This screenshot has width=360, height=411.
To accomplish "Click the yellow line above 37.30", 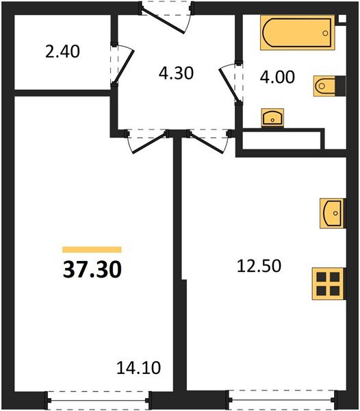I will point(92,250).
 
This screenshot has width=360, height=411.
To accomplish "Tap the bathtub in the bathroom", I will point(296,34).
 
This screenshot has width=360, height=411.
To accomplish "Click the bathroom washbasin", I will point(274,118).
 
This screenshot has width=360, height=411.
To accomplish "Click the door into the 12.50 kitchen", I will point(205,140).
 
